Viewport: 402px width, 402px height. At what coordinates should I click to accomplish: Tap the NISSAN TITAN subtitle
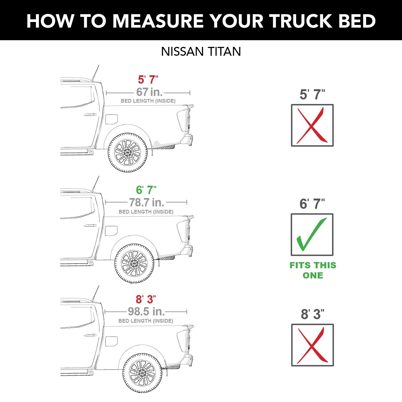[201, 51]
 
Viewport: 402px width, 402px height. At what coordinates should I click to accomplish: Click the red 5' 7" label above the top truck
[148, 80]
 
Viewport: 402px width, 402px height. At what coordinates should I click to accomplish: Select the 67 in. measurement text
[149, 92]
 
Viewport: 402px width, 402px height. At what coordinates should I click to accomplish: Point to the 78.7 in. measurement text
[146, 202]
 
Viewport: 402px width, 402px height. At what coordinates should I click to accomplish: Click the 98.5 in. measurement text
[146, 311]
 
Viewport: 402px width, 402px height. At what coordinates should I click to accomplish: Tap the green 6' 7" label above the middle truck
[146, 190]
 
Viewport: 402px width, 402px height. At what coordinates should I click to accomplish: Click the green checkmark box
[312, 234]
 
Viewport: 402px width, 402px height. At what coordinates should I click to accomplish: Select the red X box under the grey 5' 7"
[312, 125]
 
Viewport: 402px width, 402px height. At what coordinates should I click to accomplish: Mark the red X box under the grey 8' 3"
[312, 345]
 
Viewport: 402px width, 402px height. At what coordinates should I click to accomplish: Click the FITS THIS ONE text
[313, 270]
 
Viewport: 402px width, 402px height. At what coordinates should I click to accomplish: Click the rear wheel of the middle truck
[134, 263]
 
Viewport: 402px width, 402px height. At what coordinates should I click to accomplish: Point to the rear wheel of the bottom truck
[142, 373]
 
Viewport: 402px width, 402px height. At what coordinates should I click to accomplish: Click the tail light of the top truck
[183, 120]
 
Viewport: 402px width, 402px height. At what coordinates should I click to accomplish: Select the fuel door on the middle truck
[111, 231]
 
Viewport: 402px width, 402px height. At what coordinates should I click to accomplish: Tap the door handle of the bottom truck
[90, 335]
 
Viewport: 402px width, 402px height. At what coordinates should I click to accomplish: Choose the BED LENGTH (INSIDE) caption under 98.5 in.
[146, 321]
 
